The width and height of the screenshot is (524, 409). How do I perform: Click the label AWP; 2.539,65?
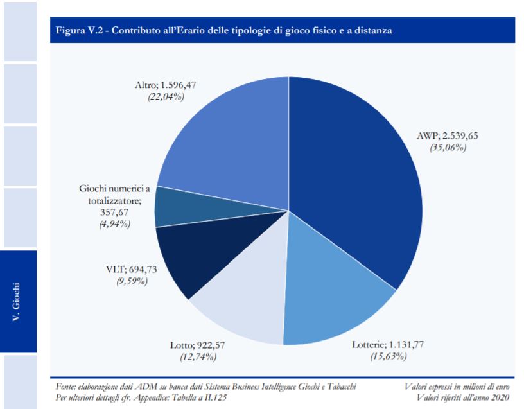(x=448, y=136)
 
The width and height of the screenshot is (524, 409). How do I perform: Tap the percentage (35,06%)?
(x=448, y=147)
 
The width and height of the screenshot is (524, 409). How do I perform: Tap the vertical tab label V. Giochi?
(x=19, y=301)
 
